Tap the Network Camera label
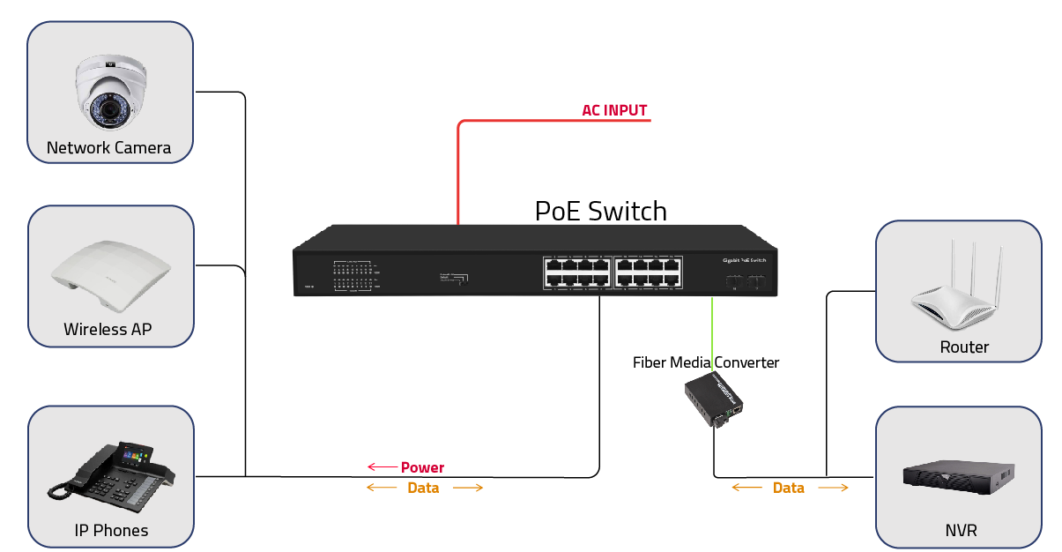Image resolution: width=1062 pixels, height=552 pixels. pyautogui.click(x=109, y=148)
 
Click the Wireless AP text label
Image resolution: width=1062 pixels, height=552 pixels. pyautogui.click(x=108, y=330)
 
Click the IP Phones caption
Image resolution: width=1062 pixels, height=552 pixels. pyautogui.click(x=111, y=531)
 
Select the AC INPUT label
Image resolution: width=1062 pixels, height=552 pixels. pyautogui.click(x=614, y=111)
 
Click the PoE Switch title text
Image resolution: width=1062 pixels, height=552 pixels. pyautogui.click(x=601, y=212)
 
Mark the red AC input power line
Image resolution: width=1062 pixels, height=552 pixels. pyautogui.click(x=459, y=168)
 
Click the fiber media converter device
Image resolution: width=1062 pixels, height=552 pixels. pyautogui.click(x=715, y=399)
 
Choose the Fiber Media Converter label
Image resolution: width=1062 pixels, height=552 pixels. pyautogui.click(x=706, y=362)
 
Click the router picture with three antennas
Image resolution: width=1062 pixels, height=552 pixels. pyautogui.click(x=959, y=291)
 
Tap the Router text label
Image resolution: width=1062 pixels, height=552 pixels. pyautogui.click(x=964, y=347)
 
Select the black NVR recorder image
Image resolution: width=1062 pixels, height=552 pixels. pyautogui.click(x=958, y=477)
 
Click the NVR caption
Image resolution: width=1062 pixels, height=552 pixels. pyautogui.click(x=960, y=531)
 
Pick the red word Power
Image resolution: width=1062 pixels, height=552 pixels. pyautogui.click(x=423, y=467)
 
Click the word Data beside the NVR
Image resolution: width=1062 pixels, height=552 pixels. pyautogui.click(x=789, y=488)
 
